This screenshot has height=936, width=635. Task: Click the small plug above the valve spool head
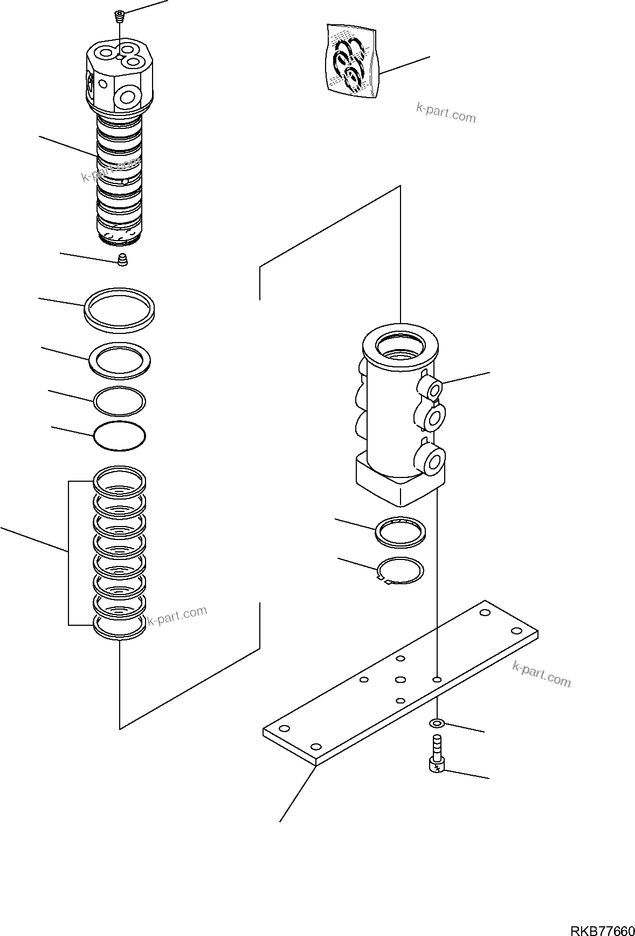click(x=119, y=17)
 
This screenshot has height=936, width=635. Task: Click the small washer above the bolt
click(x=437, y=723)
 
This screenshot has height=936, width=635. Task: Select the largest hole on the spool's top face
click(x=131, y=61)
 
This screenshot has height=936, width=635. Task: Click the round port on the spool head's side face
click(x=128, y=98)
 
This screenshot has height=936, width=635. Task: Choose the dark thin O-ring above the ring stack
click(x=120, y=435)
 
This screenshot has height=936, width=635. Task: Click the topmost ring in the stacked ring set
click(x=120, y=478)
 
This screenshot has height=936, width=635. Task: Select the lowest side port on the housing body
click(x=434, y=461)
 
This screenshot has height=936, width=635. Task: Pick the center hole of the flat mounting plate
click(x=400, y=679)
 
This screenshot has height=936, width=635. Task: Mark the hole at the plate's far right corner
click(x=516, y=631)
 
